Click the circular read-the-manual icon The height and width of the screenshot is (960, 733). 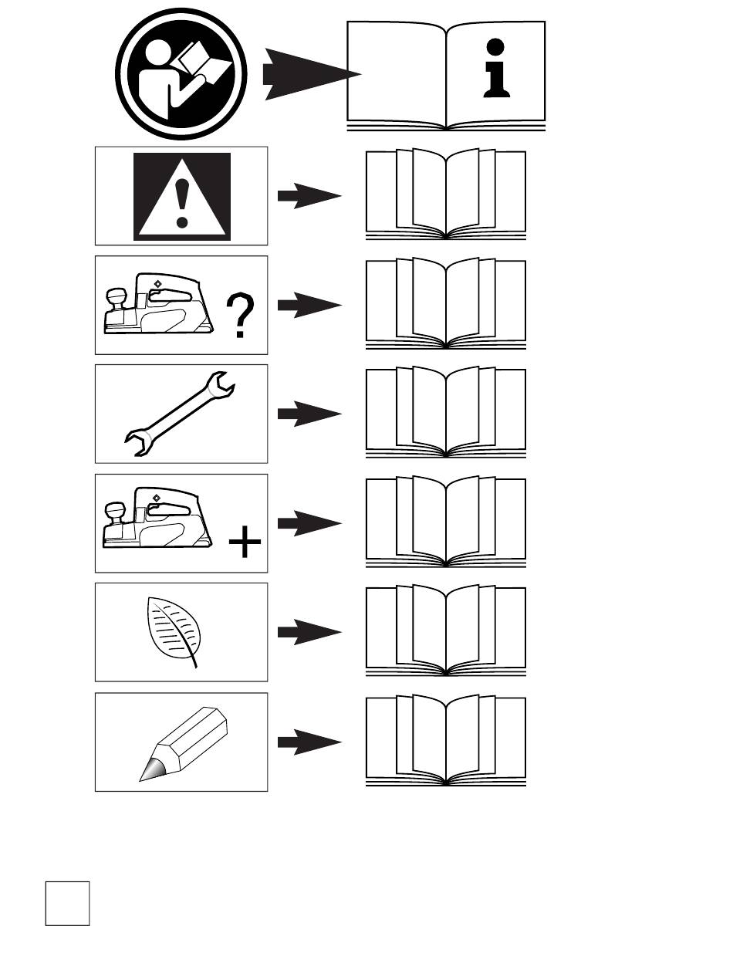pos(182,74)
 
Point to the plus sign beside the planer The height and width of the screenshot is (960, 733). pos(245,544)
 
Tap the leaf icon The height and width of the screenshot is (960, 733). pos(174,632)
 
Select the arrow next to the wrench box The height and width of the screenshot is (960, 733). pos(309,414)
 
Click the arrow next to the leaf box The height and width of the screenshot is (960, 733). pos(309,633)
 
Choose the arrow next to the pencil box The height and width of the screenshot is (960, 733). pos(309,742)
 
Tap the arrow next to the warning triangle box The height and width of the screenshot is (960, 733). pos(309,196)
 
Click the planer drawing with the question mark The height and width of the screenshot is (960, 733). pos(159,305)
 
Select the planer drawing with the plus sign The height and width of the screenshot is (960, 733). pos(159,523)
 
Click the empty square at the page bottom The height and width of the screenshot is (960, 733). pos(67,903)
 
